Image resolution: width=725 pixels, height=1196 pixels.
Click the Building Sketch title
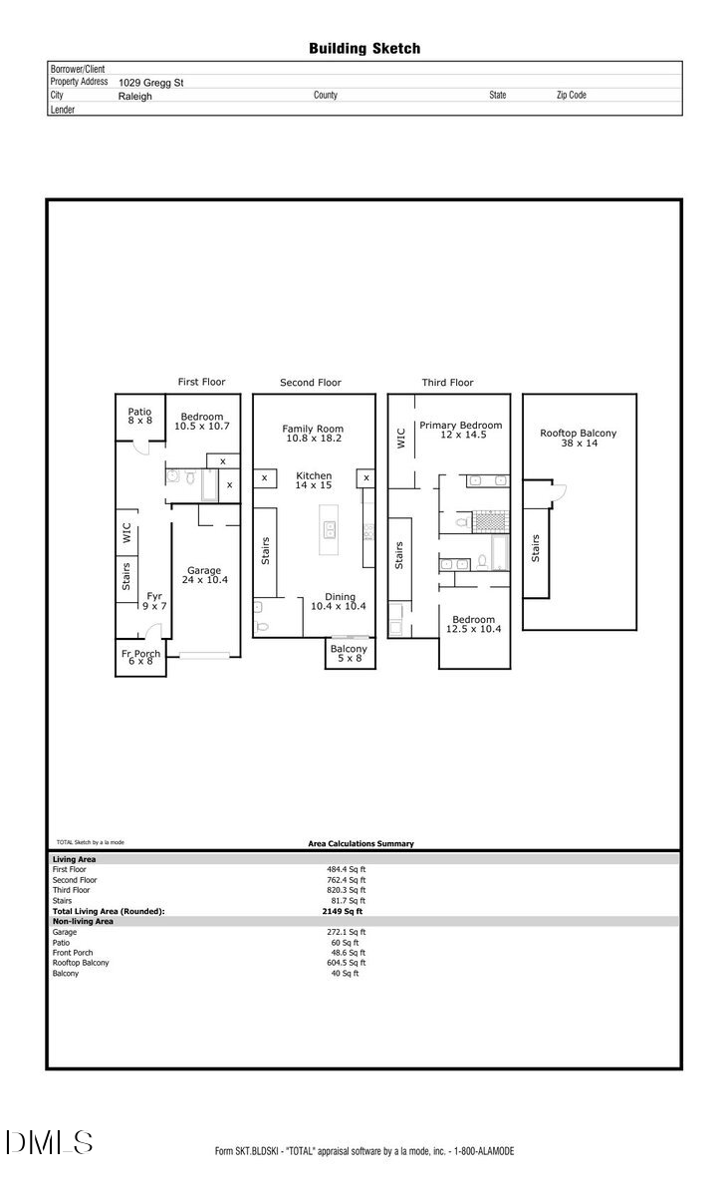[363, 48]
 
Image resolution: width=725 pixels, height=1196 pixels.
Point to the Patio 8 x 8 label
[139, 416]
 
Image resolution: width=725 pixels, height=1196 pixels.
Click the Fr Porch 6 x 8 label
[139, 658]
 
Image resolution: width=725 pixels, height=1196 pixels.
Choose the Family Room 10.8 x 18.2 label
[314, 434]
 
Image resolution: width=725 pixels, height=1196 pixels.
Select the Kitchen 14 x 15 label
[314, 481]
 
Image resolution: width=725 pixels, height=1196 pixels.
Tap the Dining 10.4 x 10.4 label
[339, 601]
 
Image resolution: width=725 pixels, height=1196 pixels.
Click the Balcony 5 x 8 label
[349, 654]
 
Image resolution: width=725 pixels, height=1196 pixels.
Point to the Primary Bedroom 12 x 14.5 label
[460, 431]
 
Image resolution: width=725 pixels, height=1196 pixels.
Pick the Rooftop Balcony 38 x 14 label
[579, 439]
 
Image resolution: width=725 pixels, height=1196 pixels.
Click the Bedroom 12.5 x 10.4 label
[474, 623]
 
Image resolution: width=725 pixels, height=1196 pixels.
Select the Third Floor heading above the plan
[447, 383]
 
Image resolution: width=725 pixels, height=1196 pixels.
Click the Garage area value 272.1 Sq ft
[348, 932]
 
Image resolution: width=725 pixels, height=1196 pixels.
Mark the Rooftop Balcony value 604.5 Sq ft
[348, 963]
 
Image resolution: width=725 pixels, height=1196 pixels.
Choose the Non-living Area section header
[83, 921]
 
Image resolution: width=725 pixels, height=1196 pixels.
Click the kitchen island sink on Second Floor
[326, 527]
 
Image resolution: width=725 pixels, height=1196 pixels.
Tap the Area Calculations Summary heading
[361, 844]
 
